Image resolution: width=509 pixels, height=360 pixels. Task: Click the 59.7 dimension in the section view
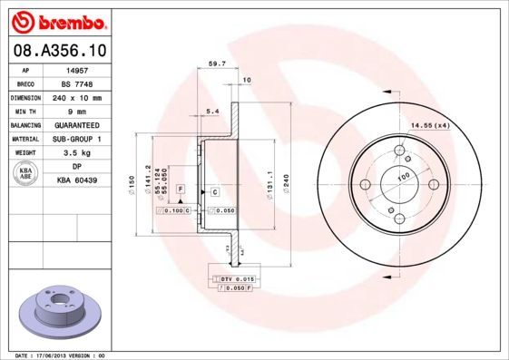[x=217, y=64]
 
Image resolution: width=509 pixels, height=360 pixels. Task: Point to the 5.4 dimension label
[x=213, y=111]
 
